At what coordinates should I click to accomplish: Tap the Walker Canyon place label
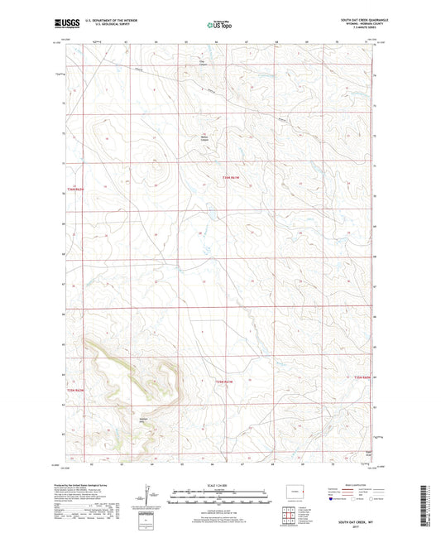click(202, 138)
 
